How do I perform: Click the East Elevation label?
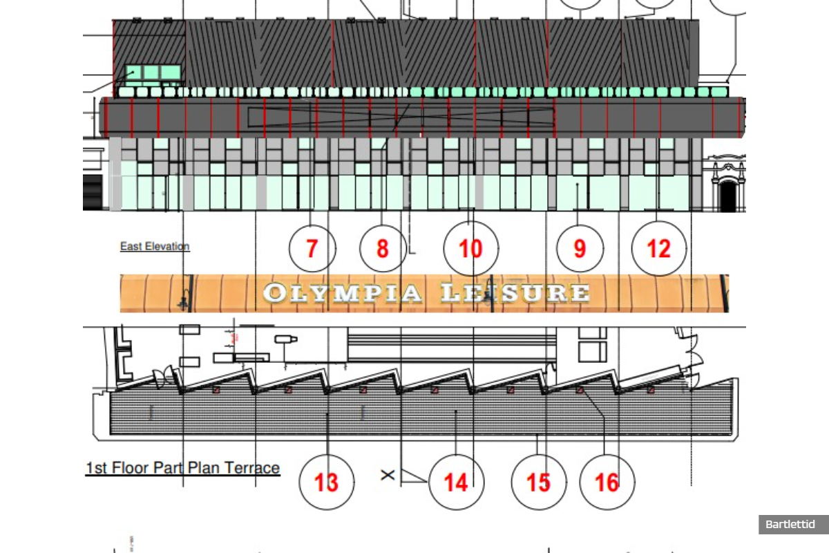[155, 246]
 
